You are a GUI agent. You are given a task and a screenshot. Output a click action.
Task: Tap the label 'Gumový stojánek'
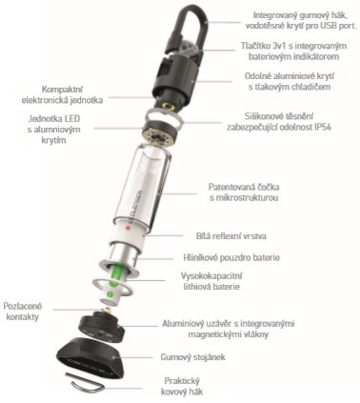pyautogui.click(x=192, y=357)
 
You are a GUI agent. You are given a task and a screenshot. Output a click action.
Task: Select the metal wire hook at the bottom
pyautogui.click(x=85, y=382)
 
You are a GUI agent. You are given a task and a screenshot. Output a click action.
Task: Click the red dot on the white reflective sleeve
pyautogui.click(x=128, y=228)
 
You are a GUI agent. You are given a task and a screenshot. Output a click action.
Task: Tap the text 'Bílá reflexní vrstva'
pyautogui.click(x=231, y=236)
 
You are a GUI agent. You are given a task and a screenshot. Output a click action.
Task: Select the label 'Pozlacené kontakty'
pyautogui.click(x=23, y=312)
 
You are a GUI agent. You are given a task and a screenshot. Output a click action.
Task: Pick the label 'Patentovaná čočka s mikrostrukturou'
pyautogui.click(x=244, y=192)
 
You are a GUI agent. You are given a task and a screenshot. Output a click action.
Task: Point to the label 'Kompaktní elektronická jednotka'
pyautogui.click(x=62, y=94)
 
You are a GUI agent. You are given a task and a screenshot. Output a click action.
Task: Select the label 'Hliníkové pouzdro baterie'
pyautogui.click(x=231, y=257)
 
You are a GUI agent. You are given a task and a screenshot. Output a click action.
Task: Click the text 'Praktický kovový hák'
pyautogui.click(x=182, y=386)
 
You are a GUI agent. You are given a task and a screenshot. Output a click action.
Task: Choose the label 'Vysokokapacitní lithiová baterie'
pyautogui.click(x=211, y=281)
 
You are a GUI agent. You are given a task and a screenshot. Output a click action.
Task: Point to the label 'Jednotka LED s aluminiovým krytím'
pyautogui.click(x=54, y=130)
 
